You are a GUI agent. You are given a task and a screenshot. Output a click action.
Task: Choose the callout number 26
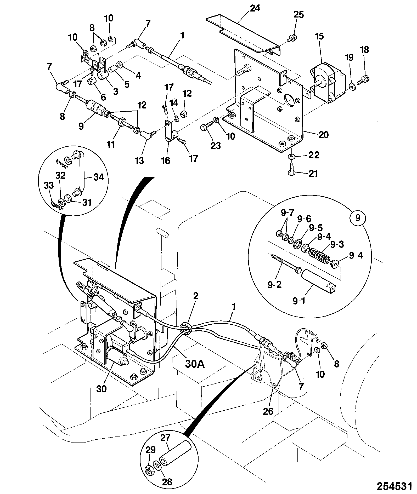(268, 411)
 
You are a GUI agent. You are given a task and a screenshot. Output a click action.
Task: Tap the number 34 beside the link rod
(98, 177)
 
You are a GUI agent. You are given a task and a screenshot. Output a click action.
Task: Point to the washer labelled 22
(291, 157)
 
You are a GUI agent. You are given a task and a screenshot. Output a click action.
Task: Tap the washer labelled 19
(353, 86)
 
